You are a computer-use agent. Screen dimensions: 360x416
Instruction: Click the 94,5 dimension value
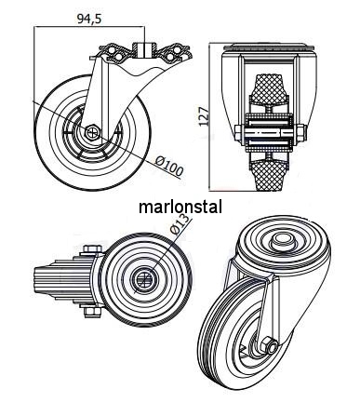click(x=89, y=19)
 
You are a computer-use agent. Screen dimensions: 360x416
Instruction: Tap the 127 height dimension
click(x=204, y=116)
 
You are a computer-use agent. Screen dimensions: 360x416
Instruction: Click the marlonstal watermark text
click(x=180, y=207)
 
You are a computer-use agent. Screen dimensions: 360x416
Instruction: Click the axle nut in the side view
click(x=92, y=133)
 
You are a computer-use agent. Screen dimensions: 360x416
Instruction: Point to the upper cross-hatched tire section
click(x=269, y=87)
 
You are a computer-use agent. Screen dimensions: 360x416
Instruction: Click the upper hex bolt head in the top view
click(x=92, y=248)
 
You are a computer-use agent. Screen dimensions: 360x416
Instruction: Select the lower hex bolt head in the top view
click(x=92, y=314)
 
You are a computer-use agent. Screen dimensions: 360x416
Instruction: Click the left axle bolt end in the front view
click(x=238, y=132)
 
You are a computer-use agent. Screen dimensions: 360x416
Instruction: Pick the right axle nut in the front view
click(x=301, y=132)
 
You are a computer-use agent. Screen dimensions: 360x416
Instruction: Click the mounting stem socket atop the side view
click(x=143, y=49)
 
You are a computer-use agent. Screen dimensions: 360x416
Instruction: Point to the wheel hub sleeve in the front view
click(x=269, y=133)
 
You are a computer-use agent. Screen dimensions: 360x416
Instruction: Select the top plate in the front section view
click(x=269, y=47)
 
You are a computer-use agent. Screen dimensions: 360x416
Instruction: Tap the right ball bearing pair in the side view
click(x=175, y=54)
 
